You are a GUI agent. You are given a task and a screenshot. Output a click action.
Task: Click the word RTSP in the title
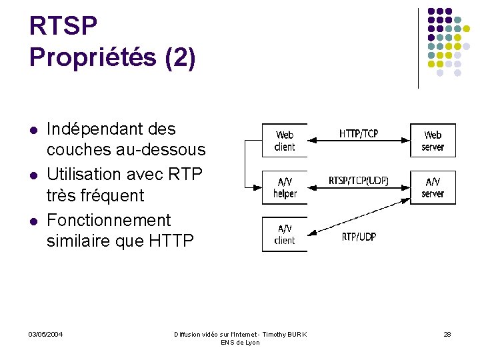pos(63,27)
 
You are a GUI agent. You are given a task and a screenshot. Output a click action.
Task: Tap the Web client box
pos(285,141)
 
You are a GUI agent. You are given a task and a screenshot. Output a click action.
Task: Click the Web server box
pos(433,141)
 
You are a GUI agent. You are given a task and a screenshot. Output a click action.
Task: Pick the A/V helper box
pos(285,187)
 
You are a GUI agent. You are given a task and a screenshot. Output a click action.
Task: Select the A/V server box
pos(433,187)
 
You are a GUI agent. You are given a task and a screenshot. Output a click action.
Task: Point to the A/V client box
pos(285,234)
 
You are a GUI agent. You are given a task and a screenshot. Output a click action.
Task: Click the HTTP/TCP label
pos(359,134)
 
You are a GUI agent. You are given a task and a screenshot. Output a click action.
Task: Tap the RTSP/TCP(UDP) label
pos(359,181)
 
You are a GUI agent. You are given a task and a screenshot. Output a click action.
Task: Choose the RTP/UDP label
pos(359,237)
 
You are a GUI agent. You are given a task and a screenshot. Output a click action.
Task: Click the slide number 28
pos(447,334)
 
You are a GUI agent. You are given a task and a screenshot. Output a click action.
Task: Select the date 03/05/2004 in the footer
pos(46,334)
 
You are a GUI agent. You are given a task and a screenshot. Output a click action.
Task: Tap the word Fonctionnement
pos(109,220)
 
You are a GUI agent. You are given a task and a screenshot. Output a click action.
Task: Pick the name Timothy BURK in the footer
pos(285,334)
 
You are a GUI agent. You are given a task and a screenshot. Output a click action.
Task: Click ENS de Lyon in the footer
pos(240,343)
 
